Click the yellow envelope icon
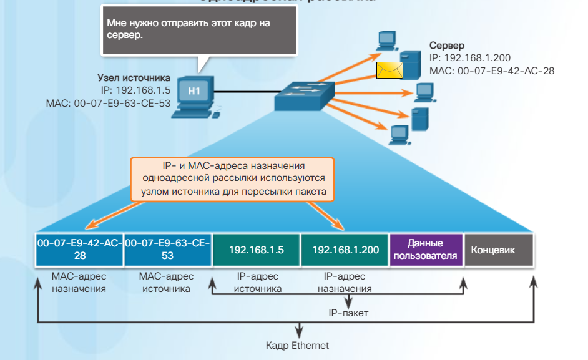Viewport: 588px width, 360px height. [389, 70]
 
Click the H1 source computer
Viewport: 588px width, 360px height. [195, 96]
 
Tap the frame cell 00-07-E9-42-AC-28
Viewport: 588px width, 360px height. [79, 250]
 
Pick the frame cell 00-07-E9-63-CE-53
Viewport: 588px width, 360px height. [168, 250]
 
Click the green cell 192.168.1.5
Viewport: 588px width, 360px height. [256, 250]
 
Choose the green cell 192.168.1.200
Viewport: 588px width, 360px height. [345, 250]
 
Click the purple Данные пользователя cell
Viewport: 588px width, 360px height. [425, 250]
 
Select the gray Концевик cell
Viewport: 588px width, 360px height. [498, 250]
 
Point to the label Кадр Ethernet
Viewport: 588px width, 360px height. [297, 345]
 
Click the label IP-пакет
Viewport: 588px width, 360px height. [348, 313]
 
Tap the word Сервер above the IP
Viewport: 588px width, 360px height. [447, 46]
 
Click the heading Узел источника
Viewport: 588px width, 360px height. [134, 78]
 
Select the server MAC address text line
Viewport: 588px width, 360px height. [492, 71]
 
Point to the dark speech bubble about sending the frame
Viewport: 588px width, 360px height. [198, 31]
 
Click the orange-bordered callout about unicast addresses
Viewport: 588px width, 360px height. [232, 178]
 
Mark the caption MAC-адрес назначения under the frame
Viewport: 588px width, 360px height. [79, 282]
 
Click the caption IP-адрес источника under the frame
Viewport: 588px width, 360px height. [256, 282]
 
